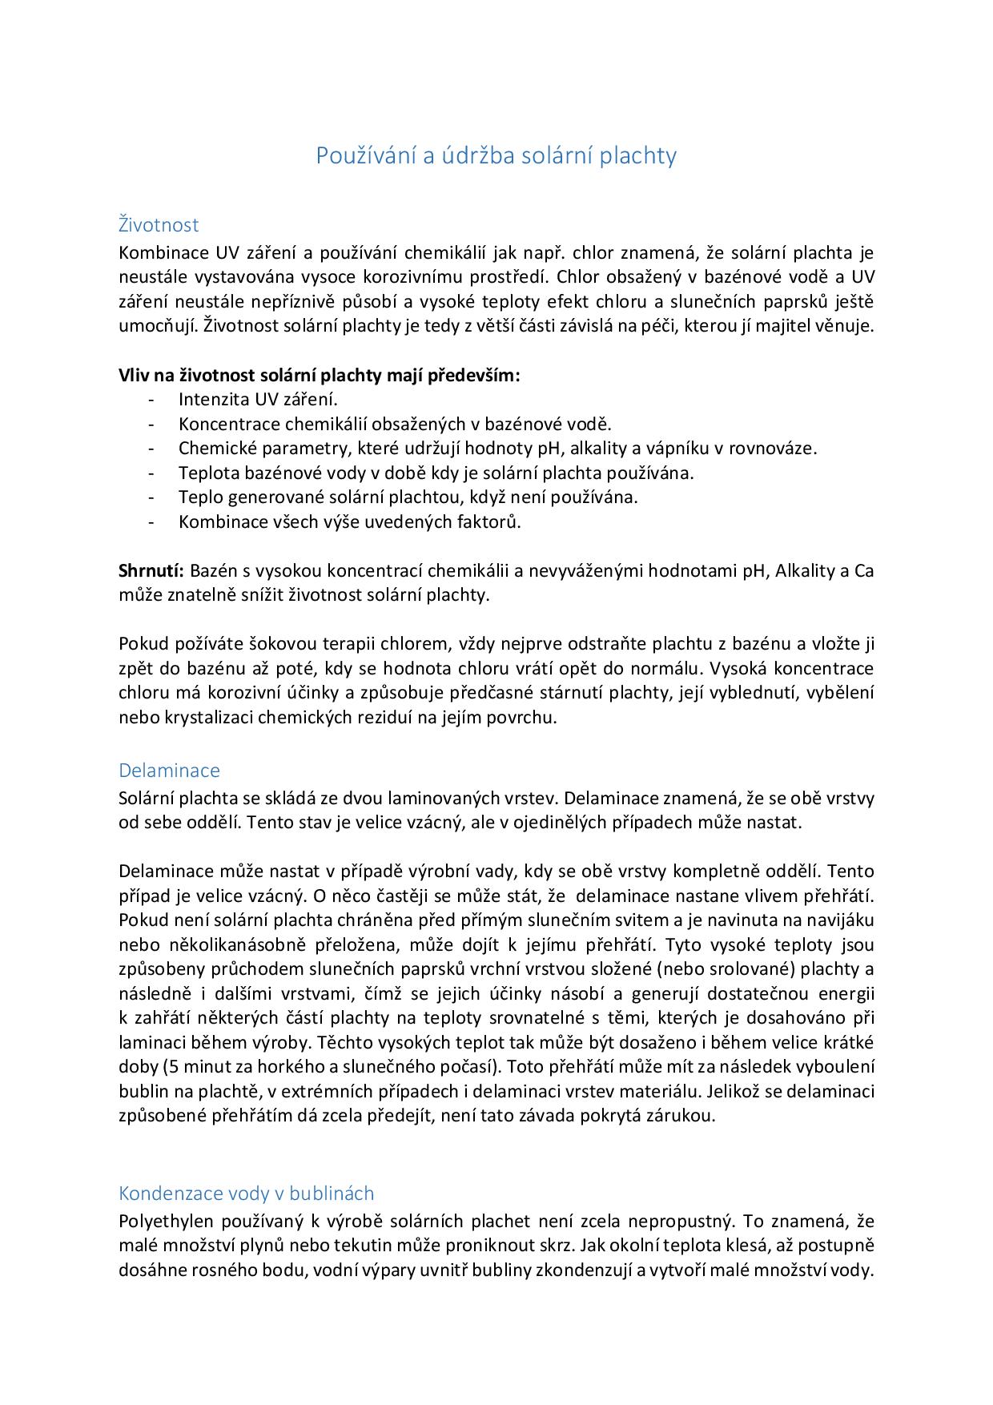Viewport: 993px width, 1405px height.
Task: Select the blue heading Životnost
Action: point(159,225)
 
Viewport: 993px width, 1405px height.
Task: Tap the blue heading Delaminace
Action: point(169,771)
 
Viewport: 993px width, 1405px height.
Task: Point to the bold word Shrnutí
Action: point(151,571)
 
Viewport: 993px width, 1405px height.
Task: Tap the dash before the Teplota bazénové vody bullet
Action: point(151,473)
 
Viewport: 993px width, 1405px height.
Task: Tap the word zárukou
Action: point(680,1116)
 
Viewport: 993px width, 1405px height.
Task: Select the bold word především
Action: point(476,375)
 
